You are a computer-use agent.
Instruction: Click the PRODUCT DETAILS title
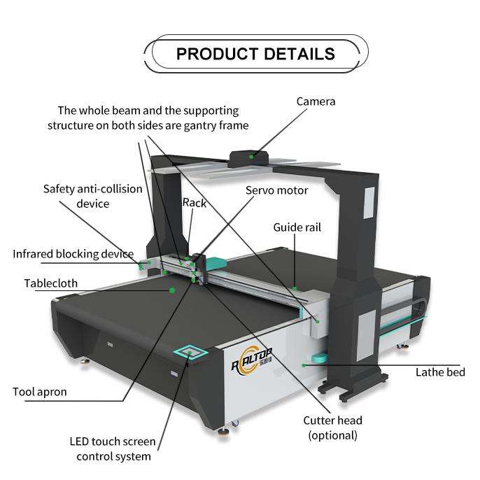255,54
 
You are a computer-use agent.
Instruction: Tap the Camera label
316,101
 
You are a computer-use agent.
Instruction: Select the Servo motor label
276,190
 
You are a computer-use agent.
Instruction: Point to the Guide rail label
297,227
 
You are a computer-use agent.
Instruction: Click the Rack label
195,202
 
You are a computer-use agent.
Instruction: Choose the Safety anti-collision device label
92,196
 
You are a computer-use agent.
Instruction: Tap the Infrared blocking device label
73,253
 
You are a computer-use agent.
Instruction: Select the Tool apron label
40,391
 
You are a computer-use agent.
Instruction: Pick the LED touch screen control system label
113,449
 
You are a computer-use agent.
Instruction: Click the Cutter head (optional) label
332,428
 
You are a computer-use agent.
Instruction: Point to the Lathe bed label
440,372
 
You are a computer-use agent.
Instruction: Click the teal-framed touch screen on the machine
190,352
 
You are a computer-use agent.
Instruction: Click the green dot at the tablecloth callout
171,288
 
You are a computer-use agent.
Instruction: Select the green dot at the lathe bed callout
304,365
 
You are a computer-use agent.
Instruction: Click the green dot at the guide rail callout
296,288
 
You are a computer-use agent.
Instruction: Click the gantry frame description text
148,118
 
